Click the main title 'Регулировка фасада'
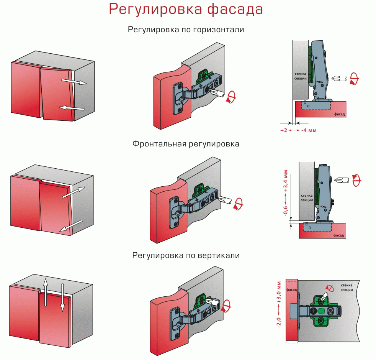186,9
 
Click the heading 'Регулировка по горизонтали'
186,30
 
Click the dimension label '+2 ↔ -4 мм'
298,130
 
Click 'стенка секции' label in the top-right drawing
301,76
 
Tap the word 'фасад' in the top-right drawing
339,114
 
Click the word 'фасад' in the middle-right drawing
338,235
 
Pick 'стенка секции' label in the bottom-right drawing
347,288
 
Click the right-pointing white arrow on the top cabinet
74,82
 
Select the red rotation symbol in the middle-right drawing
356,180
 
